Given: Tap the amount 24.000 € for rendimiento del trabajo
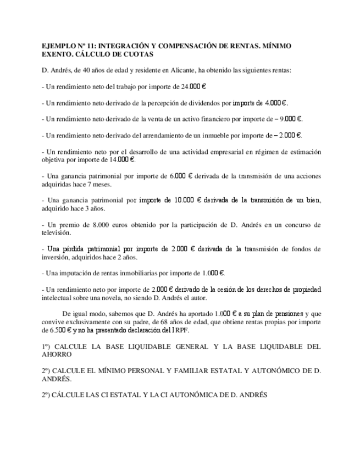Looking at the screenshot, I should pyautogui.click(x=194, y=87).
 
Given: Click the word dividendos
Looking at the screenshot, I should pyautogui.click(x=205, y=103).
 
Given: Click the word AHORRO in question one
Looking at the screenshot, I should pyautogui.click(x=57, y=354).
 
